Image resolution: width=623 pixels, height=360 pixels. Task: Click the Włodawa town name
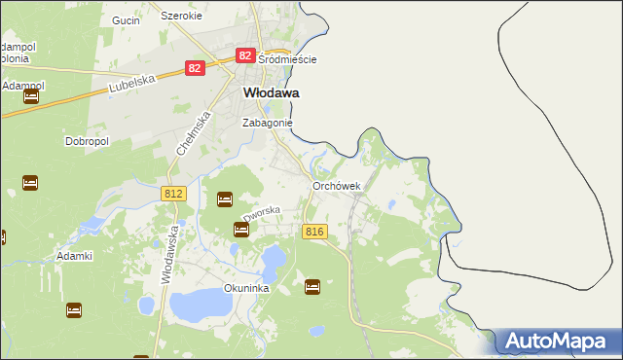pos(270,93)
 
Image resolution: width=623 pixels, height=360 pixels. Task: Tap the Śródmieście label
pos(287,59)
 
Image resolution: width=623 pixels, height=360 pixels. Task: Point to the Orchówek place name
pos(337,186)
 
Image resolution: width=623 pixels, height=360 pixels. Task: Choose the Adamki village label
pos(74,256)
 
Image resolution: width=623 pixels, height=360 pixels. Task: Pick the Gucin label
pos(127,19)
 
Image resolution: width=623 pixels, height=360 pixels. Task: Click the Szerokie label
pos(181,17)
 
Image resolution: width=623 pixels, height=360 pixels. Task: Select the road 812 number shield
pos(173,195)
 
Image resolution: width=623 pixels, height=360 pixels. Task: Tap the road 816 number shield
pos(313,232)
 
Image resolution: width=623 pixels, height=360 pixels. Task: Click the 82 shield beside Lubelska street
pos(196,68)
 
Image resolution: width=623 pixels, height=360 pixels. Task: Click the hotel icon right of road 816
pos(312,286)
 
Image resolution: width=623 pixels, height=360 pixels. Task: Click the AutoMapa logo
pos(559,342)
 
